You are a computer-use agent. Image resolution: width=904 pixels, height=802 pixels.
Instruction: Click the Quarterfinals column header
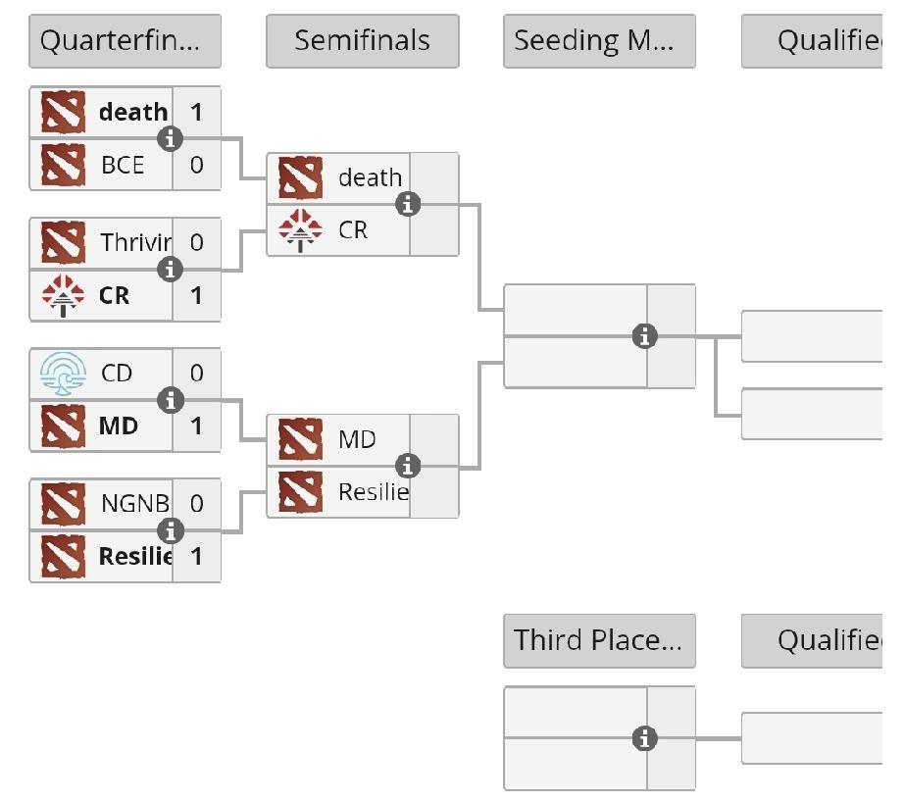(125, 41)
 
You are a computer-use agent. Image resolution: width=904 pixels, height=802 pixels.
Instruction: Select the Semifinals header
(362, 41)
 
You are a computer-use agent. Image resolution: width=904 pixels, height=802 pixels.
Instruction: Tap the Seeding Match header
(599, 41)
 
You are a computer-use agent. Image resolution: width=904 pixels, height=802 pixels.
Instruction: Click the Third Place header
(599, 640)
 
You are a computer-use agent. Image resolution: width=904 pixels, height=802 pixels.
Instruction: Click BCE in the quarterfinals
(123, 165)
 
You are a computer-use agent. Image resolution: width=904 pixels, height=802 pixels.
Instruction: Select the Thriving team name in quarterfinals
(135, 242)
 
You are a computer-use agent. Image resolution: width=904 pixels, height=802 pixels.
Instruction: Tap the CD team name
(117, 374)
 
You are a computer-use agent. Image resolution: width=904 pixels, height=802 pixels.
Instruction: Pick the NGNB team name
(134, 504)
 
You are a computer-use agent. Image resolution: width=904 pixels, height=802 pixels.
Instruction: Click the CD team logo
(64, 374)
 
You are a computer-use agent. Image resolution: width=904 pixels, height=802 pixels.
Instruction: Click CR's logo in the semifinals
(300, 230)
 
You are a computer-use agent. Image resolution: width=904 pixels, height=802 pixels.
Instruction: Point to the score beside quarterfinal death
(197, 112)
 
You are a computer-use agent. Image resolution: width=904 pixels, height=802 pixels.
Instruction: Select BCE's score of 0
(197, 165)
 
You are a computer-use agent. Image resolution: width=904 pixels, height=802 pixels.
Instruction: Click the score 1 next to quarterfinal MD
(197, 426)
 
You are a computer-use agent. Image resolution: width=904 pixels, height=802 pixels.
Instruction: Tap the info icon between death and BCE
(171, 139)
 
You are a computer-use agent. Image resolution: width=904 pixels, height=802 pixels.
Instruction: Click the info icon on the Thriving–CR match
(171, 269)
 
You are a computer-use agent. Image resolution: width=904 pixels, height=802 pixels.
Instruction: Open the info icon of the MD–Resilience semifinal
(408, 466)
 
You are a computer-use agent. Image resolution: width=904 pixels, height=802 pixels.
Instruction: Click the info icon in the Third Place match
(644, 738)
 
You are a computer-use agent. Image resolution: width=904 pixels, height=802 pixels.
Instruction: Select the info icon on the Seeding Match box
(644, 336)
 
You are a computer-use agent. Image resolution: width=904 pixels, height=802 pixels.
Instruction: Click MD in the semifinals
(357, 439)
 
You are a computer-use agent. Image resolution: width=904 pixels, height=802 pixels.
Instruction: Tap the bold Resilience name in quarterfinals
(134, 557)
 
